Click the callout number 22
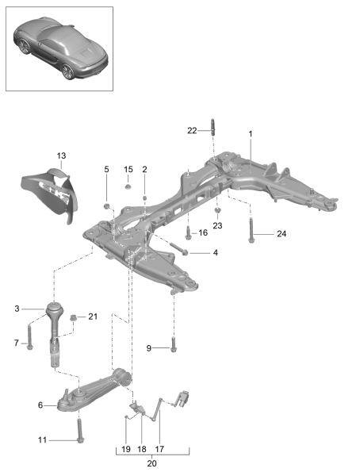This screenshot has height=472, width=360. pyautogui.click(x=191, y=131)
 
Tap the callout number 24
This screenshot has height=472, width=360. pyautogui.click(x=281, y=233)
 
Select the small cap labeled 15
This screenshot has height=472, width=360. pyautogui.click(x=127, y=187)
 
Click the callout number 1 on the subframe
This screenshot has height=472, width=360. pyautogui.click(x=250, y=134)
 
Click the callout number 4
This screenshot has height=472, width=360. pyautogui.click(x=215, y=253)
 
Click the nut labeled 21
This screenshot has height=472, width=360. pyautogui.click(x=74, y=319)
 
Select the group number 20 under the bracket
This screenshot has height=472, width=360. pyautogui.click(x=153, y=464)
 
